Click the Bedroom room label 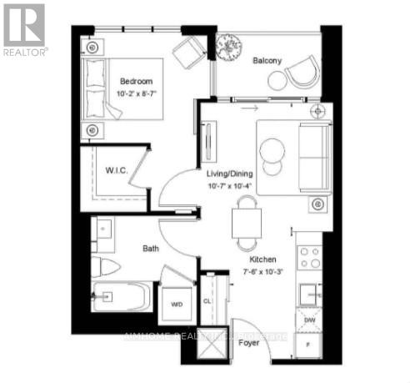coord(137,81)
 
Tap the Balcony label coord(267,60)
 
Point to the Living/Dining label coord(229,173)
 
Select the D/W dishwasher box coord(308,320)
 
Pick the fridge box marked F coord(308,343)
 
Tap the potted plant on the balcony coord(227,46)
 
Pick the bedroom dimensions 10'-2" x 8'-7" coord(137,93)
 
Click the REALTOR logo coord(24,28)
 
